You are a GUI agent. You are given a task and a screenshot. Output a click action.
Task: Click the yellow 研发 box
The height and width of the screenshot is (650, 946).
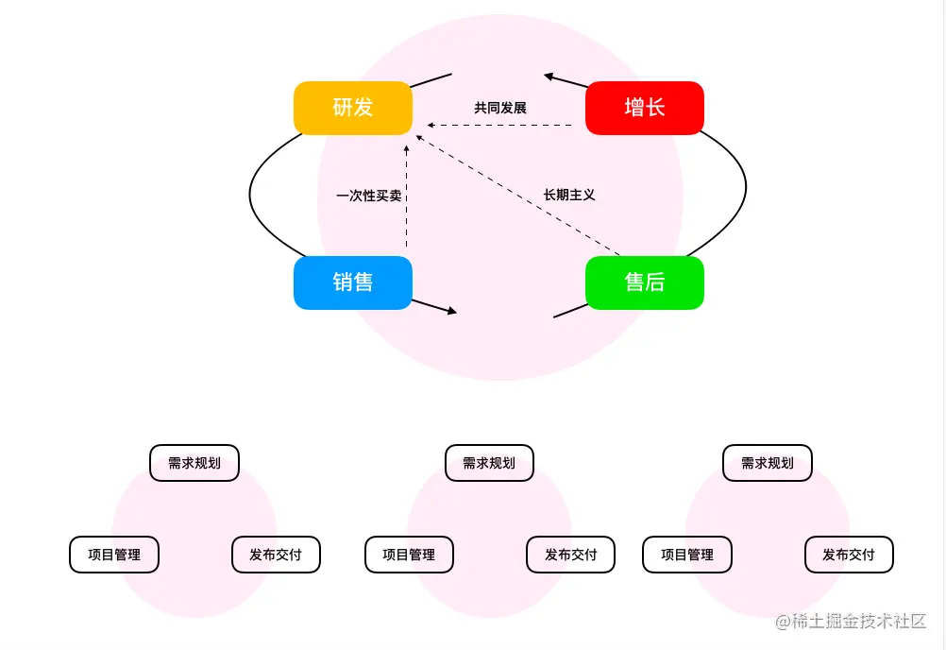click(x=353, y=108)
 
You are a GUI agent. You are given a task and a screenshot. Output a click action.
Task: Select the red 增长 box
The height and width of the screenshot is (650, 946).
click(x=645, y=108)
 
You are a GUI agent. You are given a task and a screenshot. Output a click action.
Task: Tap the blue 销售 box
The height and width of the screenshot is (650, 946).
click(x=353, y=282)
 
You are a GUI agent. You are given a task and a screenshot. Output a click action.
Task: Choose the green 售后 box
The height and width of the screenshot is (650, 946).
click(x=645, y=282)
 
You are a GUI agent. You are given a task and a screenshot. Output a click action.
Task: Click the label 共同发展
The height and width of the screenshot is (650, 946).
click(x=500, y=109)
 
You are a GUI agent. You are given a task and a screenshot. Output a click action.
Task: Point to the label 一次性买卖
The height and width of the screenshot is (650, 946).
click(x=369, y=197)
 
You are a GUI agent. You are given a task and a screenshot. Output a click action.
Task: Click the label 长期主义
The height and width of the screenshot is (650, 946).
click(x=569, y=195)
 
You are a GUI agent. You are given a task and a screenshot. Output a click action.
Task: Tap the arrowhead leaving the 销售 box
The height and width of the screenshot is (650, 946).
click(x=452, y=311)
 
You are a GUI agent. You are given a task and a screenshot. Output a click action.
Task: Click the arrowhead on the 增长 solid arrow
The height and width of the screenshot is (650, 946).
click(x=549, y=77)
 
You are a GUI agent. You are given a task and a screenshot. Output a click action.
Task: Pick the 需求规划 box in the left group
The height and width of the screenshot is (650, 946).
click(x=194, y=463)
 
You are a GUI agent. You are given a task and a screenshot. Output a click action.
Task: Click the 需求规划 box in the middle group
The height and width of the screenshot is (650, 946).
click(x=489, y=463)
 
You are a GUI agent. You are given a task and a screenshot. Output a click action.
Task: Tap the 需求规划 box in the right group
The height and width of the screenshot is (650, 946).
click(x=768, y=463)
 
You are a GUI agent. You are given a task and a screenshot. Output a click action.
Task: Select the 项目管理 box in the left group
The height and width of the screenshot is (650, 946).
click(x=114, y=555)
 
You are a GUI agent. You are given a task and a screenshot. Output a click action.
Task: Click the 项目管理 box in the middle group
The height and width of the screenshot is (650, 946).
click(x=409, y=555)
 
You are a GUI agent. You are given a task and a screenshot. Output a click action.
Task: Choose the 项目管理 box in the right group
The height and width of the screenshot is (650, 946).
click(x=687, y=555)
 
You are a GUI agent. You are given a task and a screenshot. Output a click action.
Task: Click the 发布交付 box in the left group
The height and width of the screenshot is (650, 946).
click(x=276, y=555)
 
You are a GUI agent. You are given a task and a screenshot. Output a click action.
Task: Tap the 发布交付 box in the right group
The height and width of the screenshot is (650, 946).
click(x=849, y=555)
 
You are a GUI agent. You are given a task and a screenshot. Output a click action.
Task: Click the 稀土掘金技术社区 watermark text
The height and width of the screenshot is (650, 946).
click(x=852, y=622)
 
